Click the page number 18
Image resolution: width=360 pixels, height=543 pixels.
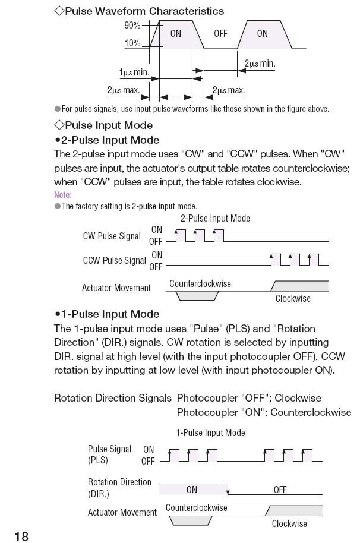click(21, 536)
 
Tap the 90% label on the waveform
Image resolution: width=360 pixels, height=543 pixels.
click(132, 25)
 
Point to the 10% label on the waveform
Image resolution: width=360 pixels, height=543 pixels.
click(132, 43)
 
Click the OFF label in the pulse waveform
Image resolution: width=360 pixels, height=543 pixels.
click(220, 33)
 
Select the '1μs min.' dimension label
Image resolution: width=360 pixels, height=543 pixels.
click(134, 72)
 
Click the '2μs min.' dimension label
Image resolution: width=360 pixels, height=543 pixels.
click(260, 63)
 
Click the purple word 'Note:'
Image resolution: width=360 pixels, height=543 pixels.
click(62, 195)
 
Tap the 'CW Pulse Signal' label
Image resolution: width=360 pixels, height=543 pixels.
click(112, 236)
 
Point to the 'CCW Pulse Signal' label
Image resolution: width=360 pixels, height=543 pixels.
click(114, 260)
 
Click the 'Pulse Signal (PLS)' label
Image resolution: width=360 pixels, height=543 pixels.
click(109, 454)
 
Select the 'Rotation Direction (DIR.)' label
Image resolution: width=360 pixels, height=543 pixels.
click(119, 488)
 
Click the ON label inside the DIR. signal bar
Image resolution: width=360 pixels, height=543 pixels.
click(192, 490)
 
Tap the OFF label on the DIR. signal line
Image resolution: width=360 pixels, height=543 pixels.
click(280, 490)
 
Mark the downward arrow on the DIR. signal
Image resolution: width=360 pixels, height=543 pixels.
click(228, 491)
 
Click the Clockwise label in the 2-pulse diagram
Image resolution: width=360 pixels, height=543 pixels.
click(293, 298)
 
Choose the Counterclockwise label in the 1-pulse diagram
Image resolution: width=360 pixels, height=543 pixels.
click(197, 507)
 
